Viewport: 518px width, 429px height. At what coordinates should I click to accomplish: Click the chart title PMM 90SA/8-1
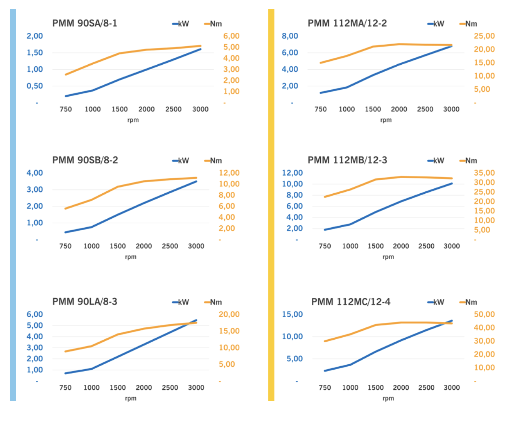point(85,23)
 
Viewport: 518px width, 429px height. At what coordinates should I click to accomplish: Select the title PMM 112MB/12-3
point(347,160)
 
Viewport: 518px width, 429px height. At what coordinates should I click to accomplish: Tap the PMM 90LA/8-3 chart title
point(85,302)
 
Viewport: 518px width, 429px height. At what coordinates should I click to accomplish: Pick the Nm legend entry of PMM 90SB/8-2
point(213,161)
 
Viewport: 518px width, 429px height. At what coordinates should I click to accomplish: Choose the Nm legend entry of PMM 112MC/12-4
point(468,302)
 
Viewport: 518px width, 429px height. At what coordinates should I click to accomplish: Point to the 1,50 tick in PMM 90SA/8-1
point(35,53)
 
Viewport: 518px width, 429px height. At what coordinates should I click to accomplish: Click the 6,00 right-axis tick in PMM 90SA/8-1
point(231,36)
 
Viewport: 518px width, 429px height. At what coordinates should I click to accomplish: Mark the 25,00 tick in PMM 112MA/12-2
point(484,36)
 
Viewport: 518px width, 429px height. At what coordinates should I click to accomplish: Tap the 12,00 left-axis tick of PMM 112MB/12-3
point(292,173)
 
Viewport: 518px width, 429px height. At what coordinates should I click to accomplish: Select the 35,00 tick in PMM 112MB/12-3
point(484,173)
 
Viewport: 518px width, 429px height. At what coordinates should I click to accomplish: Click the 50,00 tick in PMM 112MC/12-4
point(484,315)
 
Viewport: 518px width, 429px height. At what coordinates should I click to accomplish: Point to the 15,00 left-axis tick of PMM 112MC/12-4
point(292,315)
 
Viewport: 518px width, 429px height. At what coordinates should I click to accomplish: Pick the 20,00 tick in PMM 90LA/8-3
point(229,315)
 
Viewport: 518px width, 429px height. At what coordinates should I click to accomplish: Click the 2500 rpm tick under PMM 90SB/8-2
point(170,246)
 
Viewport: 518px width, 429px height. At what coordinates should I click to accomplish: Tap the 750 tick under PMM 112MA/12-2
point(321,109)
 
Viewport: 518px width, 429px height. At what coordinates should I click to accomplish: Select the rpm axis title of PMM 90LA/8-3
point(131,398)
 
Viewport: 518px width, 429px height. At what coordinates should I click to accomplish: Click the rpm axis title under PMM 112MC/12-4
point(388,398)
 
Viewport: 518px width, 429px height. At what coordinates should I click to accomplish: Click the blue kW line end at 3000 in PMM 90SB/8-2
point(196,181)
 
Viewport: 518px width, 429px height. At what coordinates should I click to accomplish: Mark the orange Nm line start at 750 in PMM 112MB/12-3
point(325,197)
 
